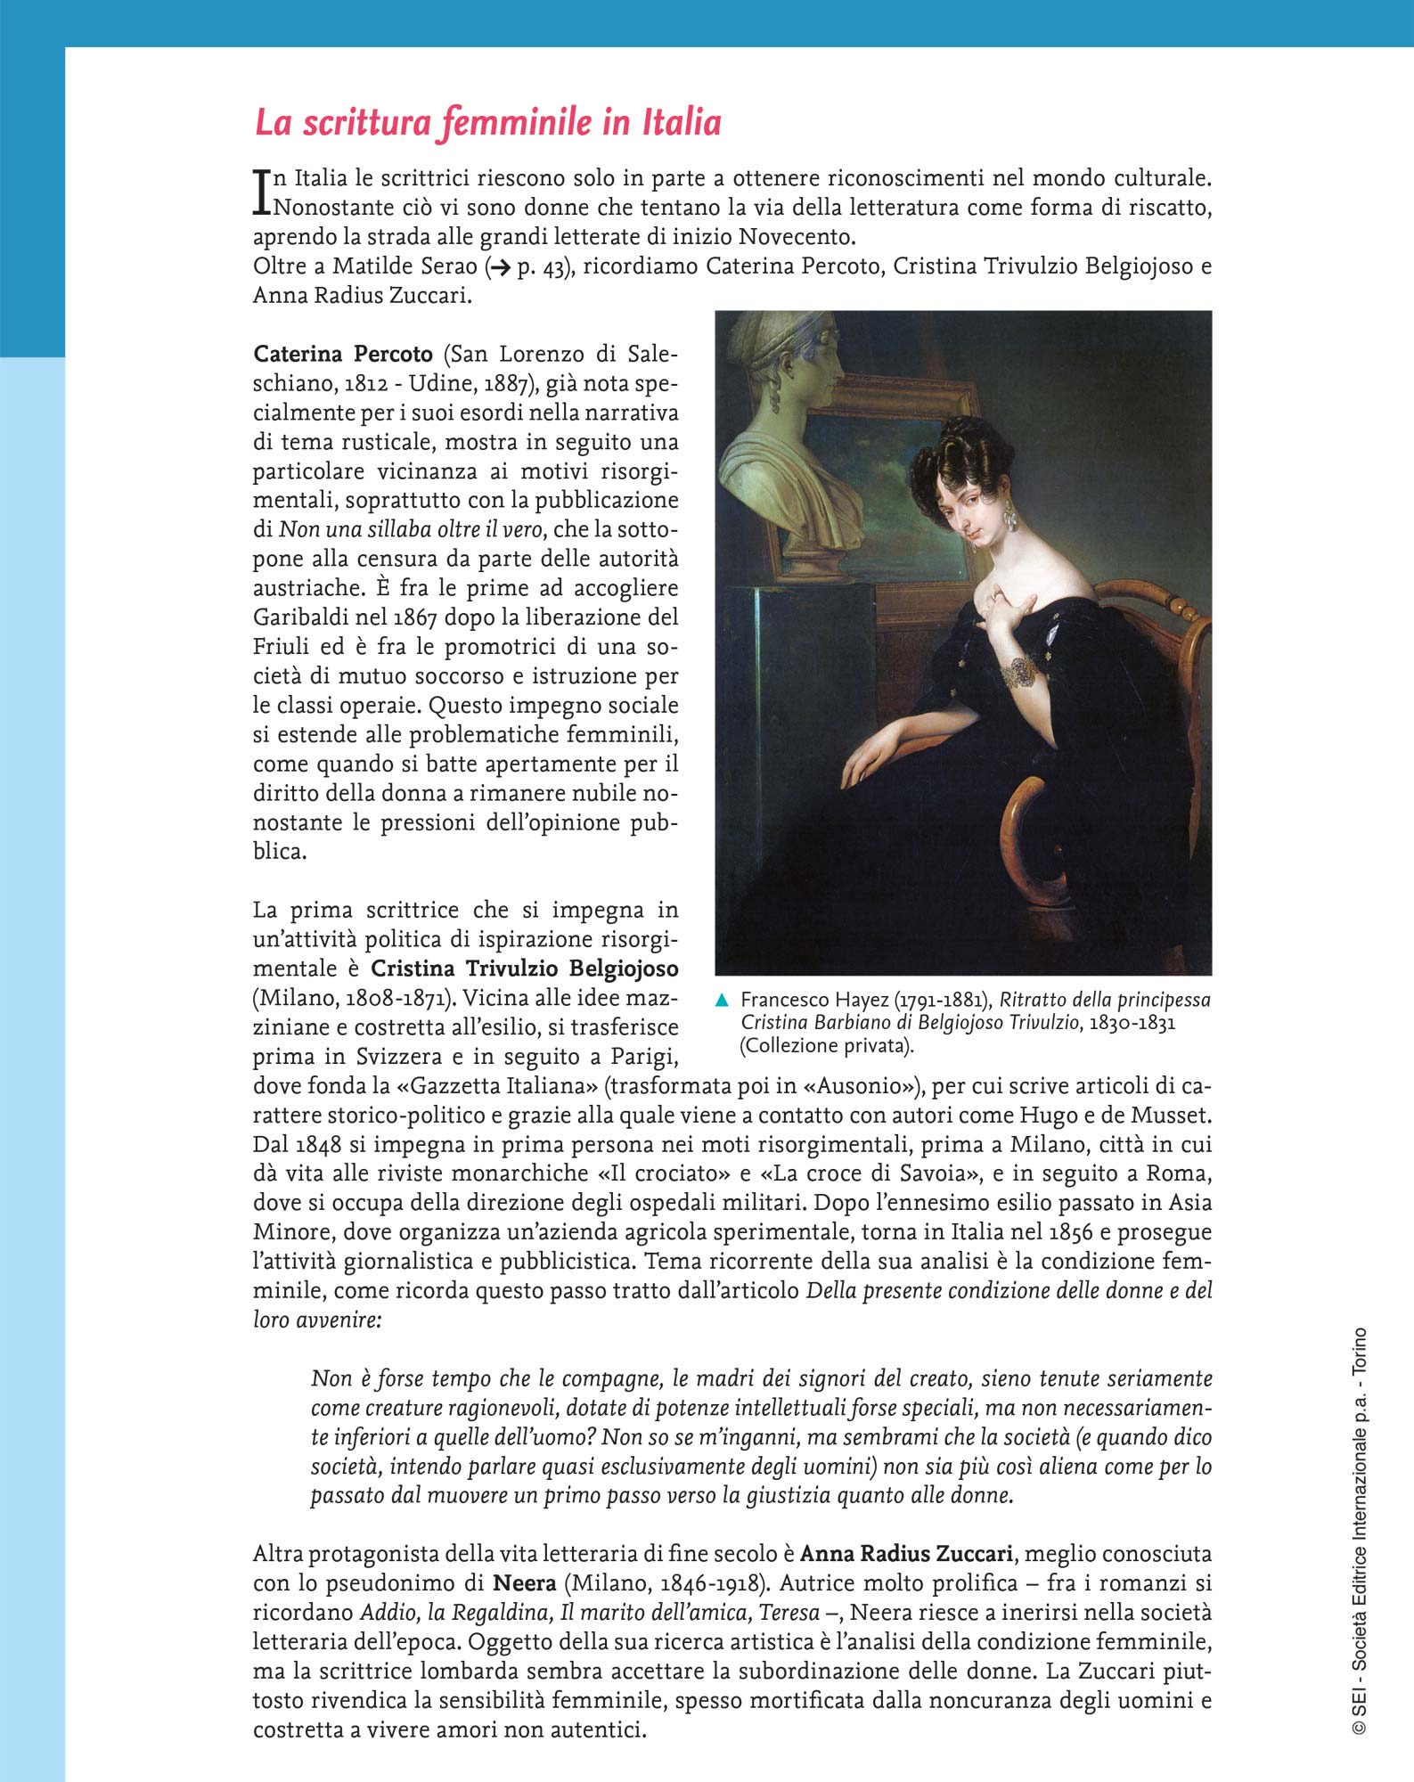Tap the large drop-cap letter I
tap(261, 192)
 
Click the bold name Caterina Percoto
tap(343, 355)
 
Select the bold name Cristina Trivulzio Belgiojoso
tap(524, 969)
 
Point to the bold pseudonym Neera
tap(525, 1583)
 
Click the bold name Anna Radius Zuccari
tap(905, 1554)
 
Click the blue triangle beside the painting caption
tap(723, 1001)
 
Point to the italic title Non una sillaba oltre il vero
tap(411, 529)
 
